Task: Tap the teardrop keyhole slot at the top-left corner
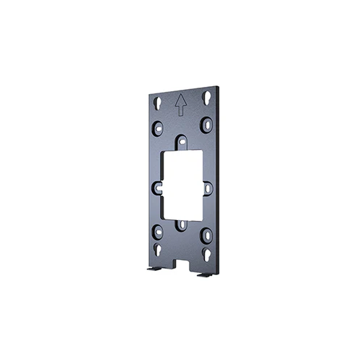pos(157,101)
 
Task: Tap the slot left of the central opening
pos(157,188)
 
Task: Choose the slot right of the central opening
pos(209,188)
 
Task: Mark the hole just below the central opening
pos(182,226)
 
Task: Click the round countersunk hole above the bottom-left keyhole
pos(158,232)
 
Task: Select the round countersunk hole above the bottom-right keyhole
pos(207,235)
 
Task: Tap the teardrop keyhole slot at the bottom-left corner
pos(158,251)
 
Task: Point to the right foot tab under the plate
pos(204,276)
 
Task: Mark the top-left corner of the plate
pos(149,86)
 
